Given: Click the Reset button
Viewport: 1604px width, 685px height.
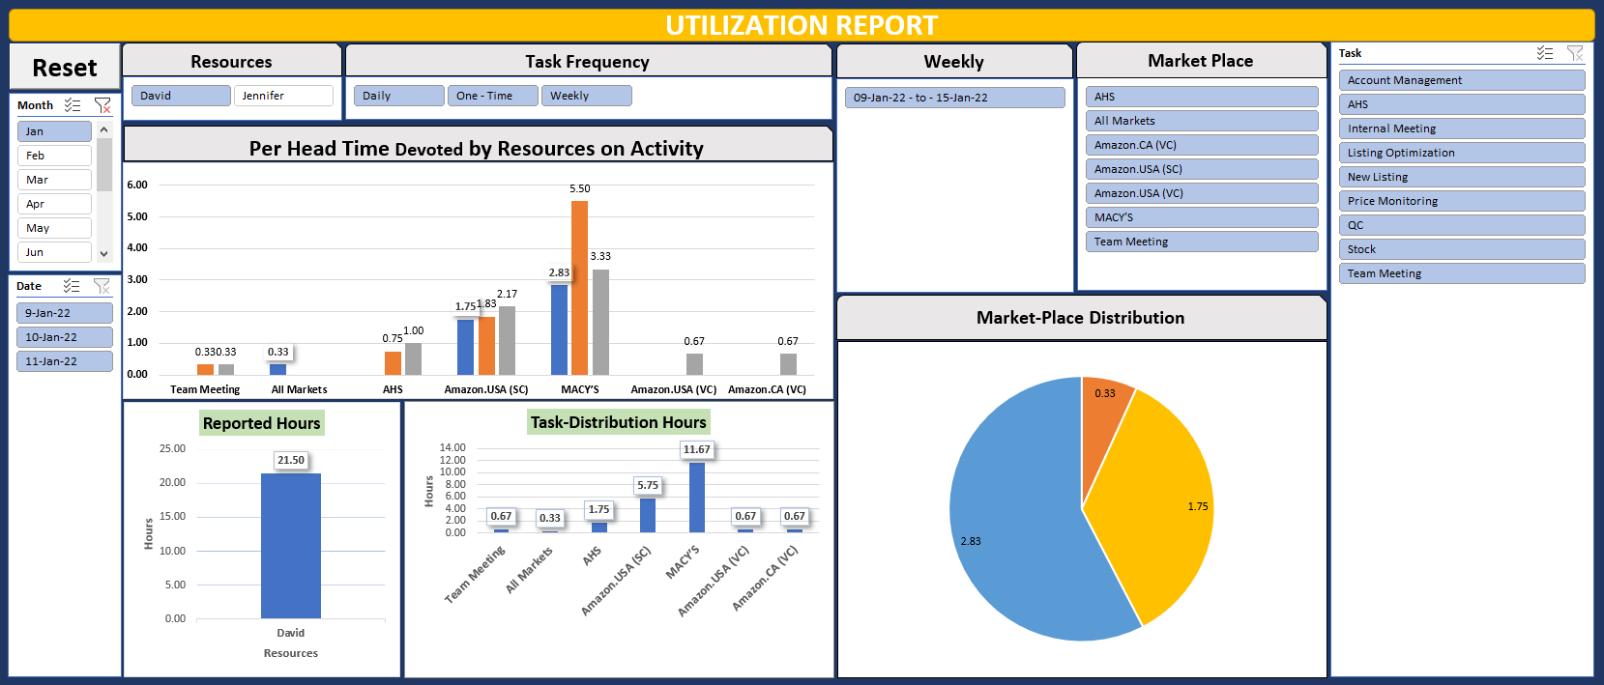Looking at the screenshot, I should (x=64, y=68).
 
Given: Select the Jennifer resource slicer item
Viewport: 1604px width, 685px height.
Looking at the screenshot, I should (x=282, y=96).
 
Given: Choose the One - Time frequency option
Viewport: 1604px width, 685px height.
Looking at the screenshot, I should (x=492, y=96).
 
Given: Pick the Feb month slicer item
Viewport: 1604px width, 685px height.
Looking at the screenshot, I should (x=54, y=156).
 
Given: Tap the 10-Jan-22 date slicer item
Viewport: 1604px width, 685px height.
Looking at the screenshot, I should (x=64, y=337).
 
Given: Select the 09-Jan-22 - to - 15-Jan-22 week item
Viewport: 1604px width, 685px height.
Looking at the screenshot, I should (x=953, y=98).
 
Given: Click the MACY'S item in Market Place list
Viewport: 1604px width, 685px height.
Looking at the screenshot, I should (x=1201, y=217).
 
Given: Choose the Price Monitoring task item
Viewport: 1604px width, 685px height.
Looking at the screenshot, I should (x=1460, y=201).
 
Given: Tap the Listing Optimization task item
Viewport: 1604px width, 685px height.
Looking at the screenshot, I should (x=1460, y=153).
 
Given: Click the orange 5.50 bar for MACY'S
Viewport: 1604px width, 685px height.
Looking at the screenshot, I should (x=579, y=290).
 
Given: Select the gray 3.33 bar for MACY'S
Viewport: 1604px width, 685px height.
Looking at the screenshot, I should (x=600, y=324).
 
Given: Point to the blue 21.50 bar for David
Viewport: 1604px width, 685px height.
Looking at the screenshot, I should (x=290, y=546).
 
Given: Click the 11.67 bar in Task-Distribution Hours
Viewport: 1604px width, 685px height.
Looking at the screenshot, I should (x=696, y=498).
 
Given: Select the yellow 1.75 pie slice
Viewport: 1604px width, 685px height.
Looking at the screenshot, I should (x=1160, y=502).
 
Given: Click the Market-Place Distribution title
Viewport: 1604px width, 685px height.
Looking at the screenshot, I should (x=1080, y=318).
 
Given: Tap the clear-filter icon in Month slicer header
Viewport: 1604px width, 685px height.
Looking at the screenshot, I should (x=102, y=105).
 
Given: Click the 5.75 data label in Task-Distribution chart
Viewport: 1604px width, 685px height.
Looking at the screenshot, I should (x=648, y=485).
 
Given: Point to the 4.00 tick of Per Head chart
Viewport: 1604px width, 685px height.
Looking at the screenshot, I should (x=137, y=248).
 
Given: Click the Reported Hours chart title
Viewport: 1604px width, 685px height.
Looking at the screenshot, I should (x=261, y=423).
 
